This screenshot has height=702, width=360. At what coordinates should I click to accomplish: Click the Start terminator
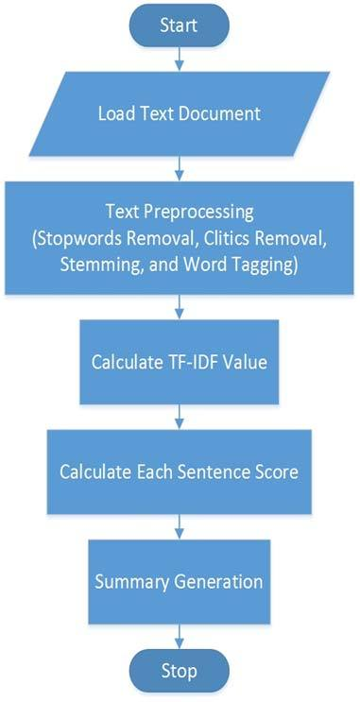pyautogui.click(x=179, y=25)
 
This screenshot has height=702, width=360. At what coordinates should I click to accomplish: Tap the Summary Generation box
pyautogui.click(x=180, y=577)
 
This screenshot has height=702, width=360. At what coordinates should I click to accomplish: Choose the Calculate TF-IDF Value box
pyautogui.click(x=180, y=362)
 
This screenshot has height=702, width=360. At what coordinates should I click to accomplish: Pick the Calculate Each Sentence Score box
pyautogui.click(x=180, y=471)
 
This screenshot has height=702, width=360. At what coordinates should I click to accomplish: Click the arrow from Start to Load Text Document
pyautogui.click(x=179, y=60)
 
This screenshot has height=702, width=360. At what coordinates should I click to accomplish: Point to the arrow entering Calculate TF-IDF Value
pyautogui.click(x=179, y=307)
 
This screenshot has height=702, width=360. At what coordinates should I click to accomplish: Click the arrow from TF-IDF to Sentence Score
pyautogui.click(x=179, y=417)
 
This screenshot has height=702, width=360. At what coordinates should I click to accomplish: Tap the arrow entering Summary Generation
pyautogui.click(x=179, y=524)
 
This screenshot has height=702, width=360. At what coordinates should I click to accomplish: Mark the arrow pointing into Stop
pyautogui.click(x=179, y=632)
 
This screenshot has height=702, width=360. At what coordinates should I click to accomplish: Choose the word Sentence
pyautogui.click(x=220, y=471)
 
